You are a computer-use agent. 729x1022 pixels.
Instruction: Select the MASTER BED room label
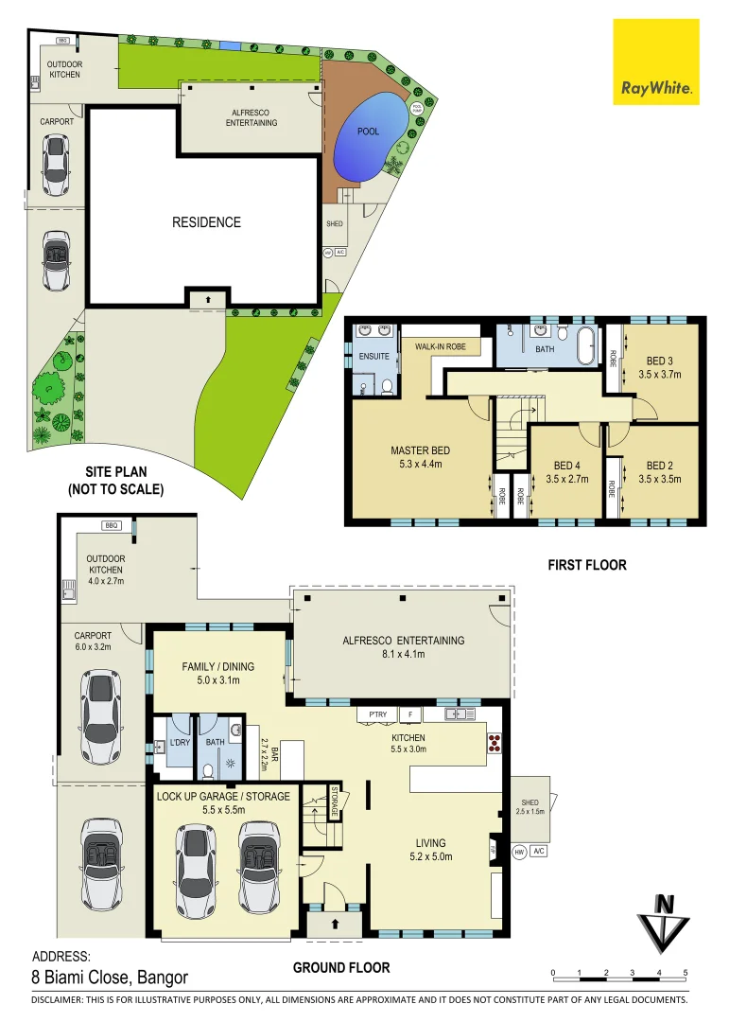click(x=420, y=450)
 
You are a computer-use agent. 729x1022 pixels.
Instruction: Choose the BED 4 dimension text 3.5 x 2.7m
click(x=566, y=479)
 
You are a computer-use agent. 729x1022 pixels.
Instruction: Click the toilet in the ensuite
click(x=387, y=385)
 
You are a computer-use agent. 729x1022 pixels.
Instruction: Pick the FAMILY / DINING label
click(x=219, y=667)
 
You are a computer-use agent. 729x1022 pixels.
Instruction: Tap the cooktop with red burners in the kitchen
click(x=493, y=742)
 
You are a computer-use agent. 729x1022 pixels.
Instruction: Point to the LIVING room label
click(x=428, y=843)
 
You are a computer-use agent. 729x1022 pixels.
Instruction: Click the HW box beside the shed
click(x=519, y=852)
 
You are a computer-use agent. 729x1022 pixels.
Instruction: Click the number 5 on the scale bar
click(x=686, y=973)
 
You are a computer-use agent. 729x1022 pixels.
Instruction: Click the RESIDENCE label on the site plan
click(x=206, y=222)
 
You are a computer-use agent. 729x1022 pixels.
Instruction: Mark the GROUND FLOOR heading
click(x=340, y=967)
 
